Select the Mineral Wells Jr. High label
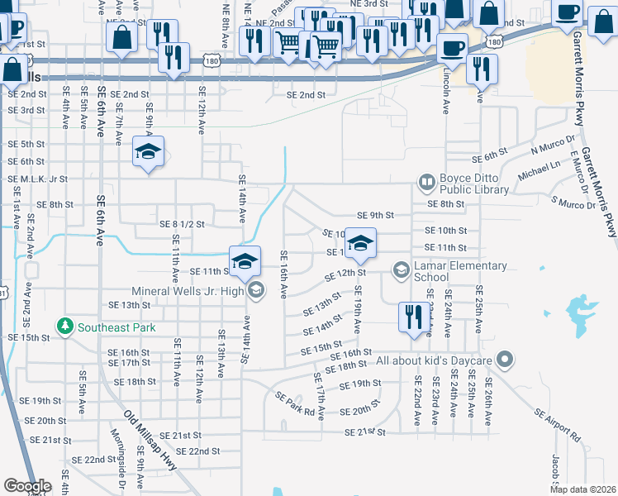click(189, 290)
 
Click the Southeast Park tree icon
click(66, 326)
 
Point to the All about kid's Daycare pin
click(506, 360)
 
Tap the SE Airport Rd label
click(558, 423)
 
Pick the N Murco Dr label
click(553, 145)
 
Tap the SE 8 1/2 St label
click(181, 223)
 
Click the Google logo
click(26, 486)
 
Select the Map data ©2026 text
click(582, 489)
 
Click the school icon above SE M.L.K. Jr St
click(149, 151)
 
